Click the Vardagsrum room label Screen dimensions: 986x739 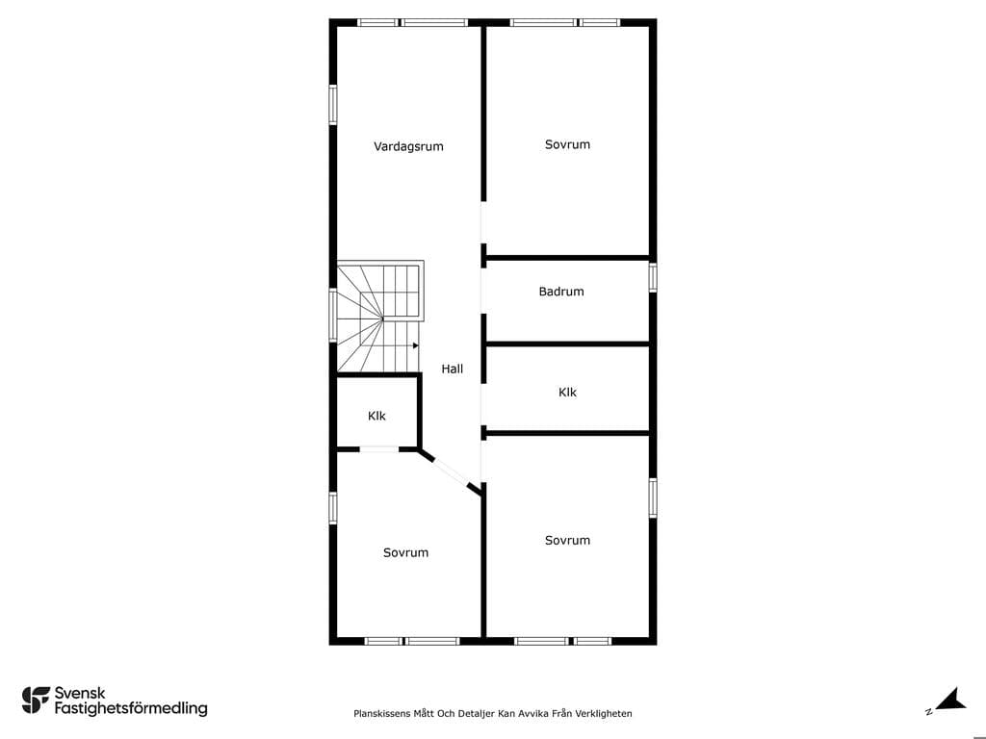(x=408, y=146)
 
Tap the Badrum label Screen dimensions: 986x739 (x=561, y=291)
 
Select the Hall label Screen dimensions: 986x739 (x=452, y=369)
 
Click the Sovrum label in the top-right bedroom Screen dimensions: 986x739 (x=567, y=144)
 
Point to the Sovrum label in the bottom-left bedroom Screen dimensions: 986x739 (x=405, y=552)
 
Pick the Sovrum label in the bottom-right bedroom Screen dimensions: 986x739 (x=567, y=540)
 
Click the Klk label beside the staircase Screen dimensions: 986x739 (x=376, y=416)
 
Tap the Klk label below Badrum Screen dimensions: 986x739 (x=567, y=393)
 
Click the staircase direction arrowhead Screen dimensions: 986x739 (x=416, y=345)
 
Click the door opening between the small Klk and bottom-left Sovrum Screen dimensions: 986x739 (x=378, y=448)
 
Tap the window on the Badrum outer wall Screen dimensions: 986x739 (x=653, y=277)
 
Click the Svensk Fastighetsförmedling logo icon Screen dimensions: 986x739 (x=36, y=701)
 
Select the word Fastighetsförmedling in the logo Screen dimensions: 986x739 (x=131, y=708)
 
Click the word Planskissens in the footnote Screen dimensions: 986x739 (x=381, y=713)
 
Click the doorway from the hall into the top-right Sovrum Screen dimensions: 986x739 (x=483, y=222)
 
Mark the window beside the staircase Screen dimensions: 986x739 (x=333, y=315)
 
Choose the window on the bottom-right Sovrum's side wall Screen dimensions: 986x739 (x=653, y=498)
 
